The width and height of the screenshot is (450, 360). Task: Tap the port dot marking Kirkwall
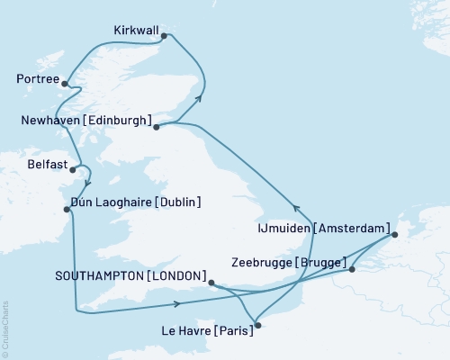click(x=164, y=36)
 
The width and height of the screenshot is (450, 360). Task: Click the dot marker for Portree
click(x=65, y=83)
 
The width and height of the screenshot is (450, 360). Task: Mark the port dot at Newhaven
click(x=157, y=127)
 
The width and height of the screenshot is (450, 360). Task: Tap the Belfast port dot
click(x=73, y=168)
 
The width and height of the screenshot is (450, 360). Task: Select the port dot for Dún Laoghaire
click(x=67, y=210)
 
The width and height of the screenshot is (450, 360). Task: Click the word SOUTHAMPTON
click(x=97, y=274)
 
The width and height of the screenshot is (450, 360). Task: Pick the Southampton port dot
click(x=211, y=283)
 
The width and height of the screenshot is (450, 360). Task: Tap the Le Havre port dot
click(x=257, y=326)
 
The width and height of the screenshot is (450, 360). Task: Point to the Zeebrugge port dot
click(x=352, y=268)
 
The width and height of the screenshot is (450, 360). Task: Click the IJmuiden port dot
click(x=394, y=236)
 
